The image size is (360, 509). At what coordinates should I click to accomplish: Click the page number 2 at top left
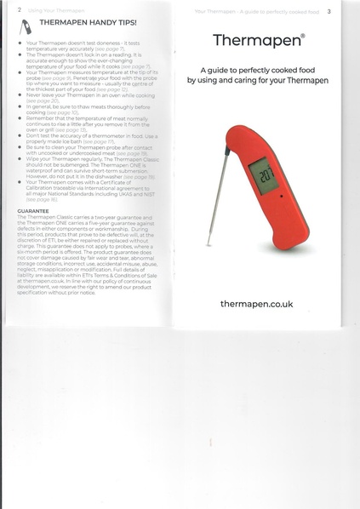[7, 10]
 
